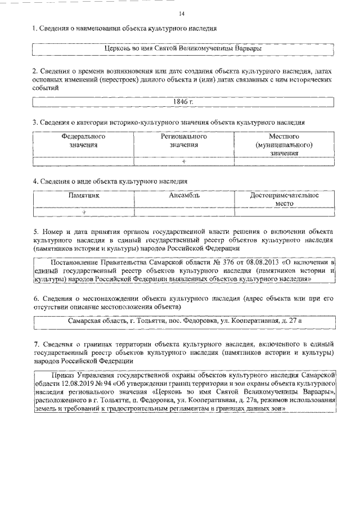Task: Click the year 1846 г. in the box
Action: tap(183, 101)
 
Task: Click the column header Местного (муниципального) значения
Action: tap(284, 145)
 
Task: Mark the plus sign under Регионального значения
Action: tap(184, 161)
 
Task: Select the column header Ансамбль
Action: tap(184, 196)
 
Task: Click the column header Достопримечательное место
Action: tap(284, 200)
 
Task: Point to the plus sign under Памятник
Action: tap(84, 212)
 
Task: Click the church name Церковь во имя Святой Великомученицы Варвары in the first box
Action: tap(184, 49)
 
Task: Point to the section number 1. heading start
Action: tap(34, 28)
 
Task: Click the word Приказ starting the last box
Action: tap(64, 374)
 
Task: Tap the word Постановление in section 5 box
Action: tap(76, 262)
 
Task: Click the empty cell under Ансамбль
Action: tap(184, 212)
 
